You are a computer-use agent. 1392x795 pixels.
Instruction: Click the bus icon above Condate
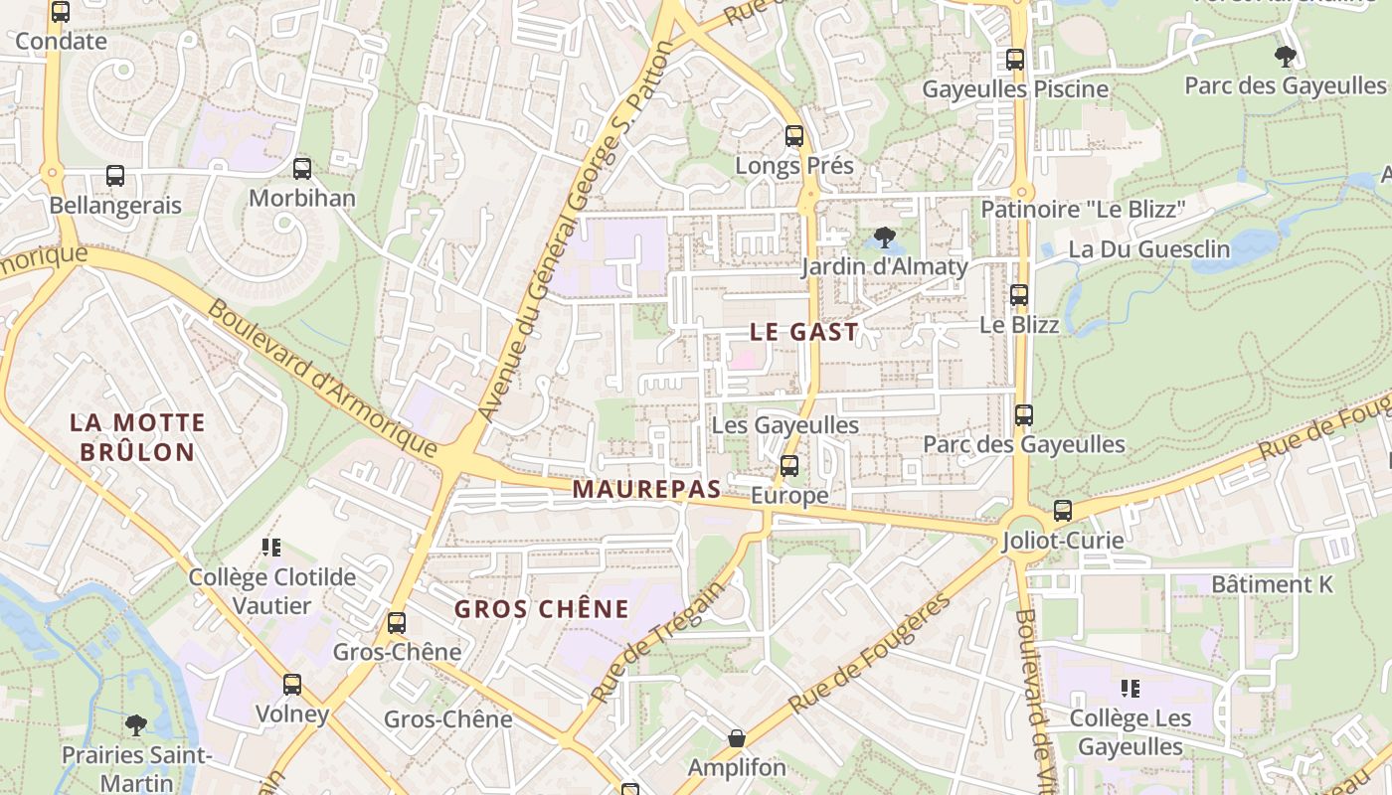[61, 12]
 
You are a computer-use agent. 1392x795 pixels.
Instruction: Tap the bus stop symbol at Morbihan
[302, 169]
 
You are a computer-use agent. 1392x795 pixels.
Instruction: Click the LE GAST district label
[803, 333]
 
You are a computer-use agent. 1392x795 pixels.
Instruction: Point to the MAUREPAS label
[645, 489]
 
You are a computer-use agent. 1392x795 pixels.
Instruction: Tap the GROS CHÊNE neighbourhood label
[542, 609]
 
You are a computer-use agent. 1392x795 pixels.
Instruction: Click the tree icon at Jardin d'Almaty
[883, 238]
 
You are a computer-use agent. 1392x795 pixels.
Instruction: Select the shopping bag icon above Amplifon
[737, 738]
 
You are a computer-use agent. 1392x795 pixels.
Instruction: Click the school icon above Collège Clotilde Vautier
[271, 548]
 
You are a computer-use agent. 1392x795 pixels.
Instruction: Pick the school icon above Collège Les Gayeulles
[1130, 688]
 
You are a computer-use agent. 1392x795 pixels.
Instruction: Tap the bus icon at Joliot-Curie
[1063, 511]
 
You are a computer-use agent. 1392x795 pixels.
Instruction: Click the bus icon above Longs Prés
[793, 136]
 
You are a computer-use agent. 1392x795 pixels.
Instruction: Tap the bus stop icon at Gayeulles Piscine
[1014, 60]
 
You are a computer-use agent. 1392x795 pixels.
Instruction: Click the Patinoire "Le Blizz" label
[1084, 210]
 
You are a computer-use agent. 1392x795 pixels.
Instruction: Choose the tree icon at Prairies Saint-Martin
[136, 724]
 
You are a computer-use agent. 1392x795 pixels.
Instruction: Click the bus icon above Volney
[292, 685]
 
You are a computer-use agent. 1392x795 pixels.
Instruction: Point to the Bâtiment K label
[1272, 584]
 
